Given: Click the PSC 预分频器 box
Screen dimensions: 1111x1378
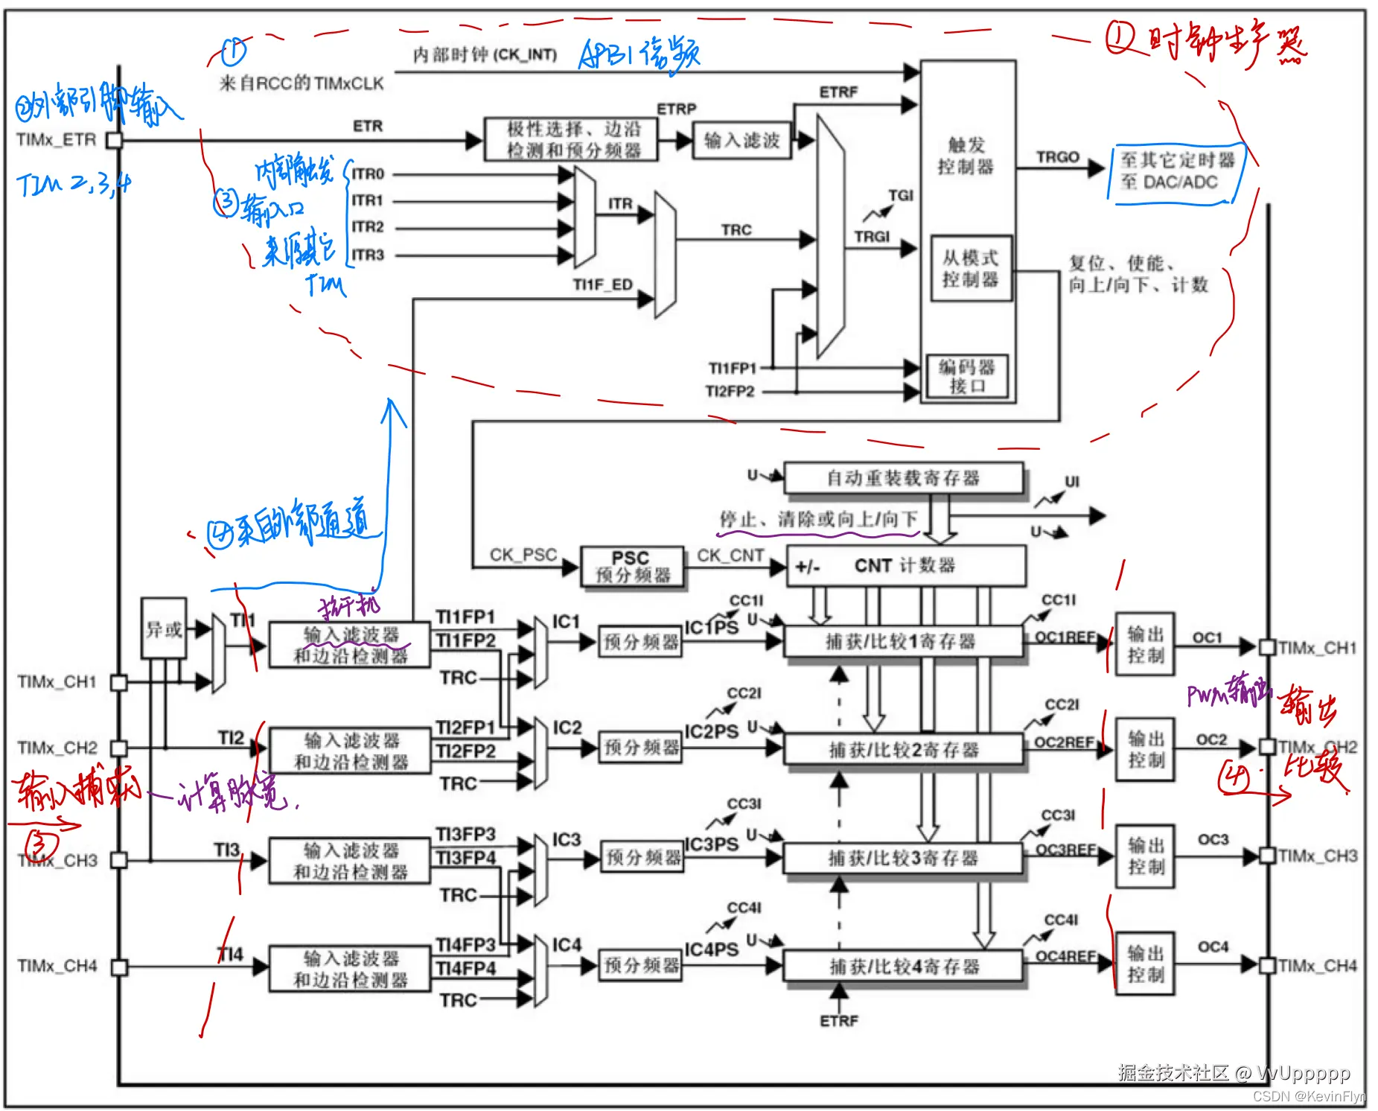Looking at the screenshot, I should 632,567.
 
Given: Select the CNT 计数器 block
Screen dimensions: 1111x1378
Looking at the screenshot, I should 905,566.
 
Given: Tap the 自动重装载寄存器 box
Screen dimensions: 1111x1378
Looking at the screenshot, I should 903,478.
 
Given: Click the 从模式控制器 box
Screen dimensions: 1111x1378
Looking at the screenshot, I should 970,269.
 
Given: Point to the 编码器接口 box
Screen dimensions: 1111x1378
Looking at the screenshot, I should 967,376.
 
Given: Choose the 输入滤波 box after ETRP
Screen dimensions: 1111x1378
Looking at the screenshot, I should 741,141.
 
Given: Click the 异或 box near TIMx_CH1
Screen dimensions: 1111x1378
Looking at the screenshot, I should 164,628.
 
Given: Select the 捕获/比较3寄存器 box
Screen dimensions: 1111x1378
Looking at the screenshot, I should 903,858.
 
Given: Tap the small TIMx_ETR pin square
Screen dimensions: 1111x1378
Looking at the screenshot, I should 114,140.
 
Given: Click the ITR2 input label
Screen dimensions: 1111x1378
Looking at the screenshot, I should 368,227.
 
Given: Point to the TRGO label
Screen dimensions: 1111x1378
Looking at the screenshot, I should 1057,157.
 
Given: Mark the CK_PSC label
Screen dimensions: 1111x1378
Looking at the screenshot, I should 523,555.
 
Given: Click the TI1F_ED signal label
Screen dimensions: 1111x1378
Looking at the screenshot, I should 602,284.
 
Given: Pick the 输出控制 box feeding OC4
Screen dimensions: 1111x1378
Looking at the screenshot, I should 1145,964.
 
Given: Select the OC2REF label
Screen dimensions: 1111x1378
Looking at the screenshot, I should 1065,742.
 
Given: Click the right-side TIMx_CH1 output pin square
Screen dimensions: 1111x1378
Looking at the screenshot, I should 1267,647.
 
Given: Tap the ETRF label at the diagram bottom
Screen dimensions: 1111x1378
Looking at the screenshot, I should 839,1021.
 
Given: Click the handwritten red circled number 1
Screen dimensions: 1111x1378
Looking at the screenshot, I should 1120,37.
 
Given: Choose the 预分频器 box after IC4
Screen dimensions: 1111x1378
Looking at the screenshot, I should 642,966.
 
